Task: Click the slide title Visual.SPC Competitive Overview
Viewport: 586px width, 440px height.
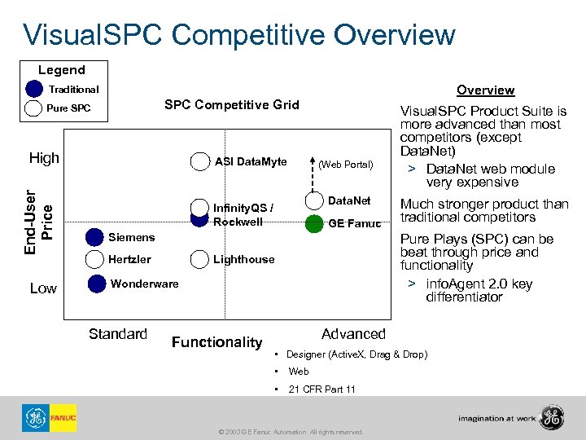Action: tap(239, 35)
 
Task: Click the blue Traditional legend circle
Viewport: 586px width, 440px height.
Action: tap(34, 89)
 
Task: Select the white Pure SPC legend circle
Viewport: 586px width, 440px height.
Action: tap(34, 108)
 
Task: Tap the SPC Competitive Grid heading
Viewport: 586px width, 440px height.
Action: tap(232, 104)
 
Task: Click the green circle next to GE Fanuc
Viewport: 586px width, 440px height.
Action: tap(314, 223)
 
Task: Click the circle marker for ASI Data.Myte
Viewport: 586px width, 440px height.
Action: tap(199, 161)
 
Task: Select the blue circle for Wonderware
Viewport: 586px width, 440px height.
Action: tap(97, 284)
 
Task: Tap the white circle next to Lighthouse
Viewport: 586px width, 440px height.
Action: tap(199, 259)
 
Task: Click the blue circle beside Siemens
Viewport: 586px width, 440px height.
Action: tap(97, 237)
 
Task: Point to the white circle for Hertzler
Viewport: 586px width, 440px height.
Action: tap(97, 259)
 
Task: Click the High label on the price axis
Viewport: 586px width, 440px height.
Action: tap(44, 158)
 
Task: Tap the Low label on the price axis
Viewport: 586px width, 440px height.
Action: tap(43, 289)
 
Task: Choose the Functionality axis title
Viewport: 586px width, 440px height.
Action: tap(217, 342)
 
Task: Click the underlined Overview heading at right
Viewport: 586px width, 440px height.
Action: tap(485, 90)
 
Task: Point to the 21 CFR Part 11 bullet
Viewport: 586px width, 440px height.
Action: tap(321, 389)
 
